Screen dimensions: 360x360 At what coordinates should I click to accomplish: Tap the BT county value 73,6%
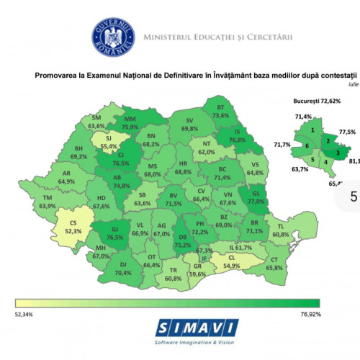click(x=220, y=115)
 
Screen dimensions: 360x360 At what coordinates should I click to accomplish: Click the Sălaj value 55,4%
click(x=109, y=145)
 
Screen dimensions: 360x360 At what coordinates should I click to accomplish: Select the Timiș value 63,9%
click(x=48, y=206)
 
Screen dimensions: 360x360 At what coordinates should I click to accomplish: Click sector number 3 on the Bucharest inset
click(x=338, y=153)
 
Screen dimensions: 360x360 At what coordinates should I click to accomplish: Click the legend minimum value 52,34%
click(x=23, y=314)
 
